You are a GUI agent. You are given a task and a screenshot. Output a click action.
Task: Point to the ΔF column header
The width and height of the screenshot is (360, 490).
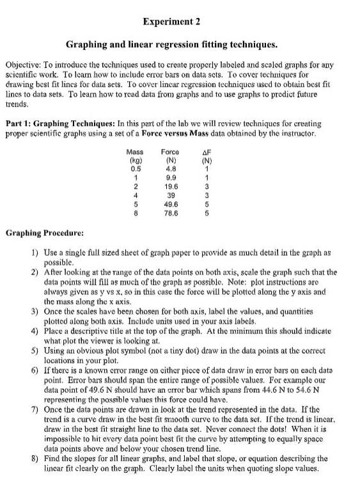[x=208, y=152]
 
